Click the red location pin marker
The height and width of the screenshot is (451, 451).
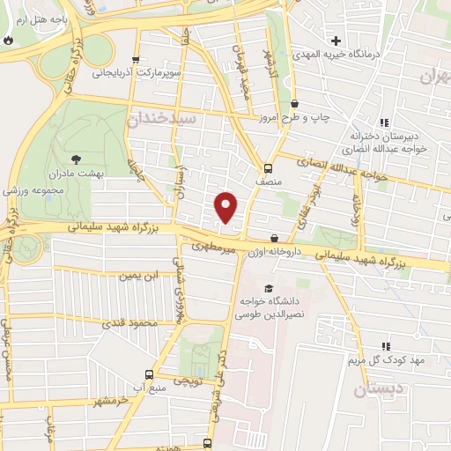point(226,207)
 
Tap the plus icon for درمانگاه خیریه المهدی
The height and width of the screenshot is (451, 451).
point(336,41)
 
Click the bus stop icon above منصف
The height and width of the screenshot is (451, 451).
point(268,166)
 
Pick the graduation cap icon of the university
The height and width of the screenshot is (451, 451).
point(268,287)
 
